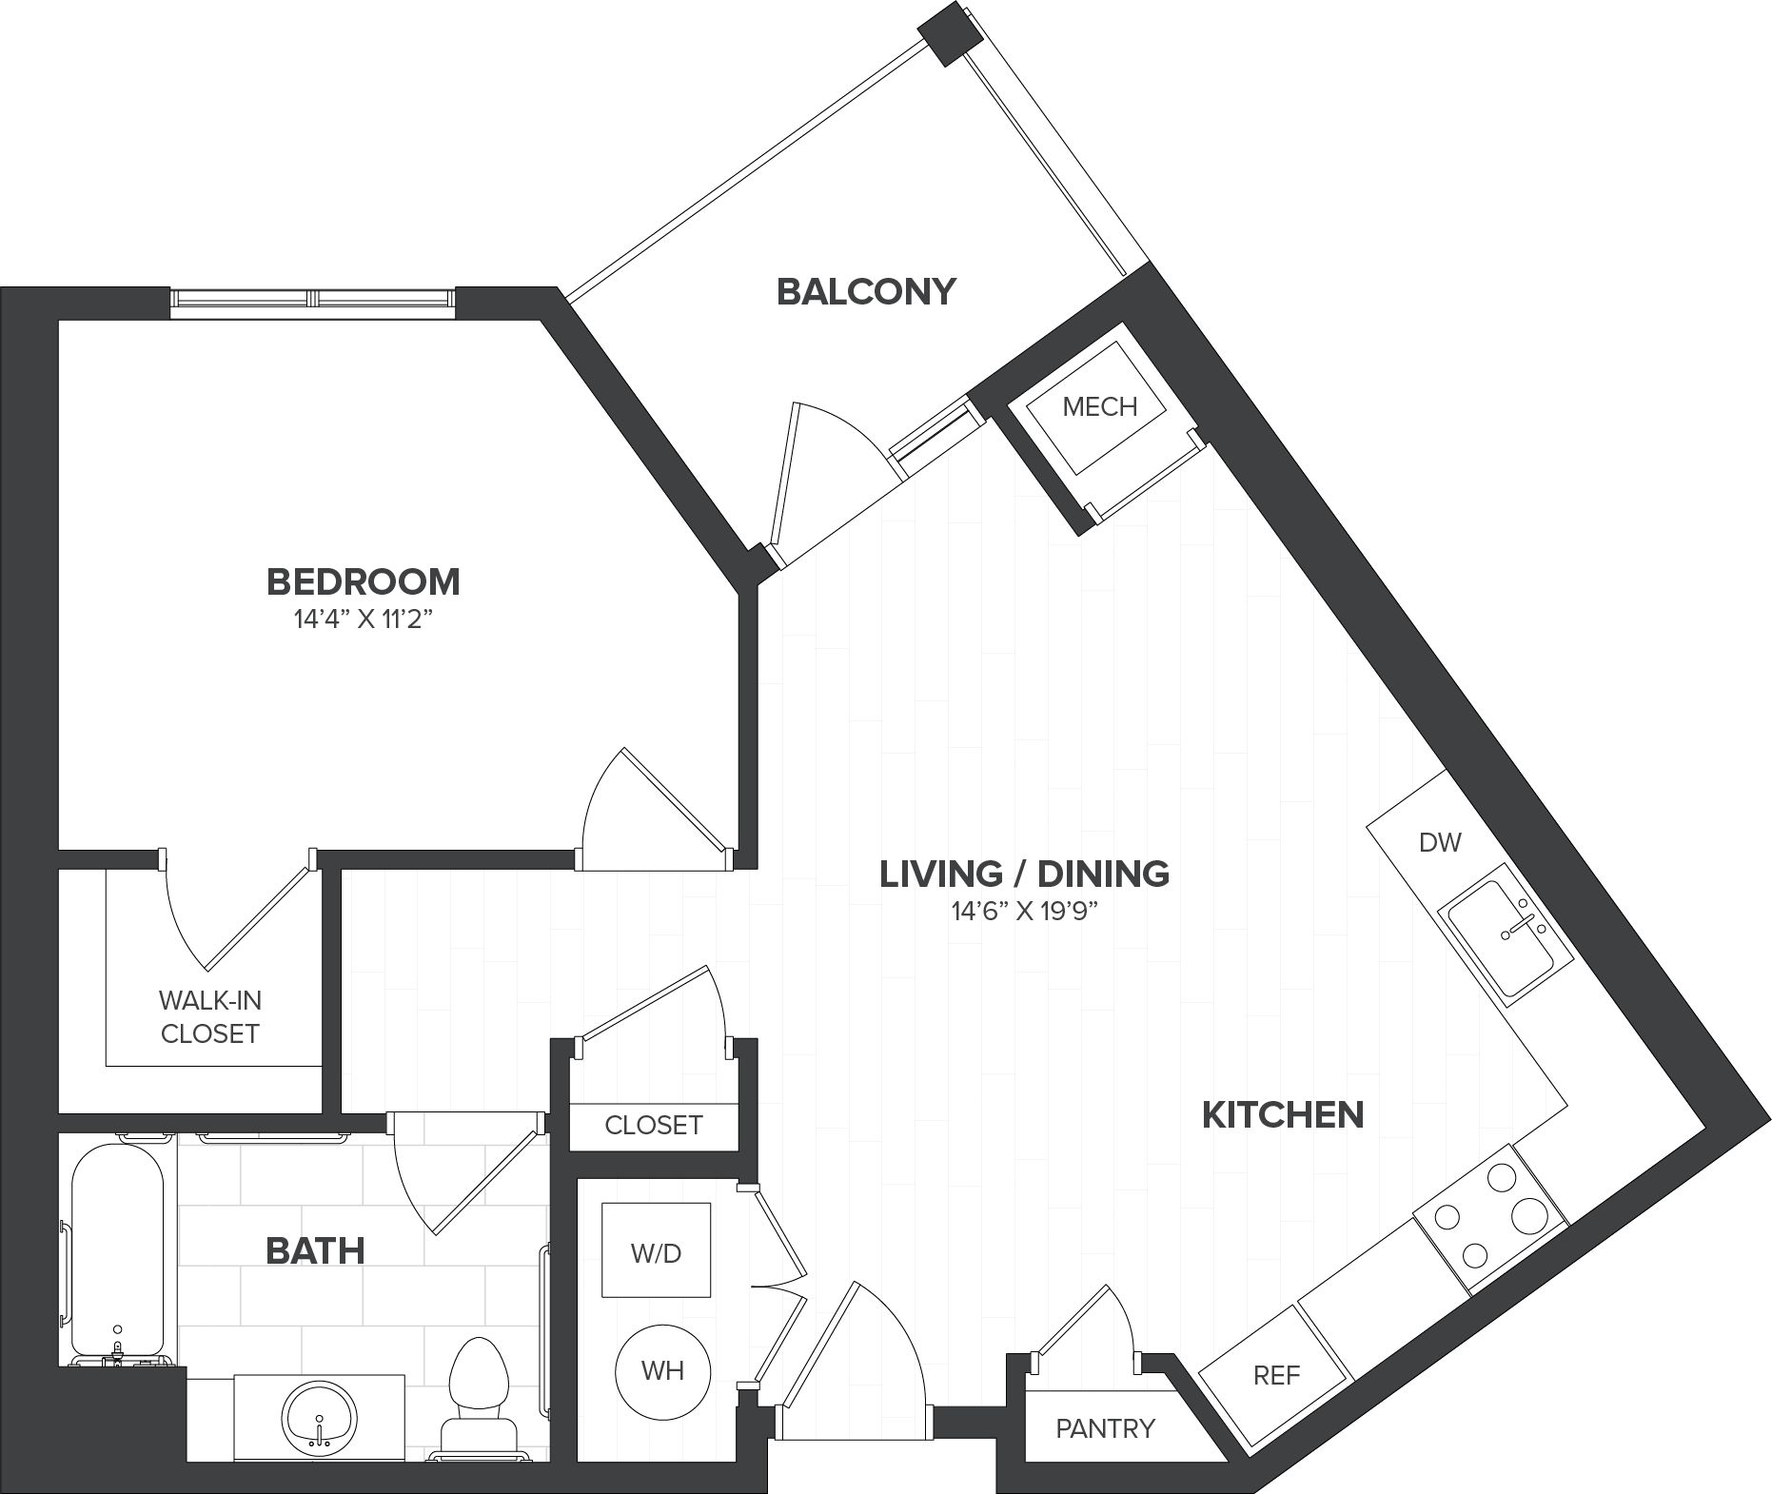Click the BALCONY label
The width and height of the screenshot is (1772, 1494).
tap(866, 291)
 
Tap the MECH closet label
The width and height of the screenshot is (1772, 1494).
tap(1099, 406)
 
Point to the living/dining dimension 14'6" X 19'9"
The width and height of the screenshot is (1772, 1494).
tap(1024, 912)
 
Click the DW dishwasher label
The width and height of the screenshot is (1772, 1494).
tap(1439, 842)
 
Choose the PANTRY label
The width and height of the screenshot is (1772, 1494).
tap(1105, 1427)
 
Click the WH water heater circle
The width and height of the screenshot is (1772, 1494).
tap(662, 1370)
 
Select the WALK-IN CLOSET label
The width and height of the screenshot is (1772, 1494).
tap(209, 1017)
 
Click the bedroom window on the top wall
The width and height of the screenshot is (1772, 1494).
tap(312, 298)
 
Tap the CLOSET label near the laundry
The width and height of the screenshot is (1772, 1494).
tap(653, 1125)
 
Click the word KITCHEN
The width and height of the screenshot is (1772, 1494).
tap(1283, 1114)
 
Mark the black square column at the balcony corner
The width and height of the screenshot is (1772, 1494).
tap(950, 34)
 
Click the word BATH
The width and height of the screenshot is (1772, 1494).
tap(315, 1250)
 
